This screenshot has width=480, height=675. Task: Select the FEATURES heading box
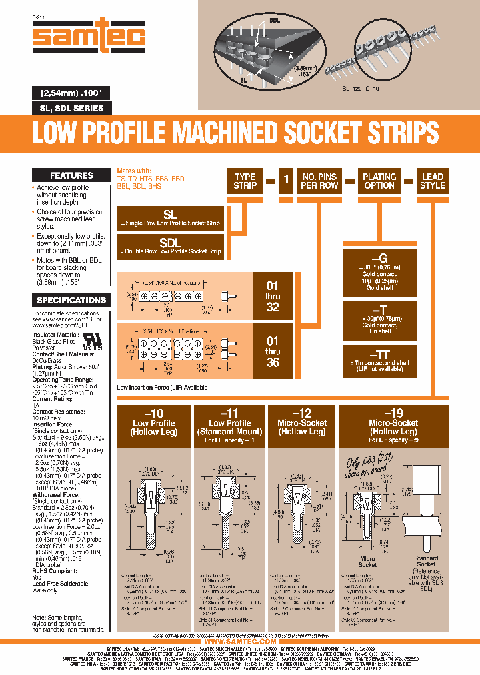(71, 175)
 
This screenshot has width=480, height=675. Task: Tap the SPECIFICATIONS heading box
(71, 300)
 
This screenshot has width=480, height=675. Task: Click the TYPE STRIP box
(245, 181)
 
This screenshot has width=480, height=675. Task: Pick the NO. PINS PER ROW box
(319, 181)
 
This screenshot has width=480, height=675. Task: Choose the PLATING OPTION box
(379, 181)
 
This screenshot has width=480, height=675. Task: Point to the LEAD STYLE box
(433, 181)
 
